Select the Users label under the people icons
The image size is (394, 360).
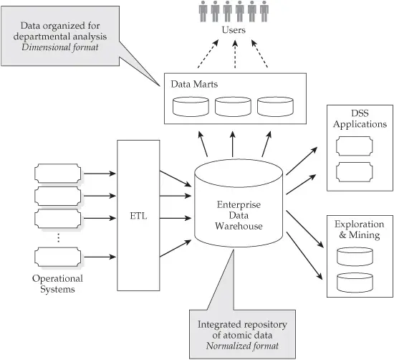[x=234, y=31]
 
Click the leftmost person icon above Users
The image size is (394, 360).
[x=202, y=12]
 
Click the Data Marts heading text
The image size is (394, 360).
[x=194, y=85]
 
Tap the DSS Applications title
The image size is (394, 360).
[x=360, y=119]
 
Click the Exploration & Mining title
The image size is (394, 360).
[x=360, y=229]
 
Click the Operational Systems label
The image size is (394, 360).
[x=58, y=283]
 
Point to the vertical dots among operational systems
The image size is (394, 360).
[x=58, y=237]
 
